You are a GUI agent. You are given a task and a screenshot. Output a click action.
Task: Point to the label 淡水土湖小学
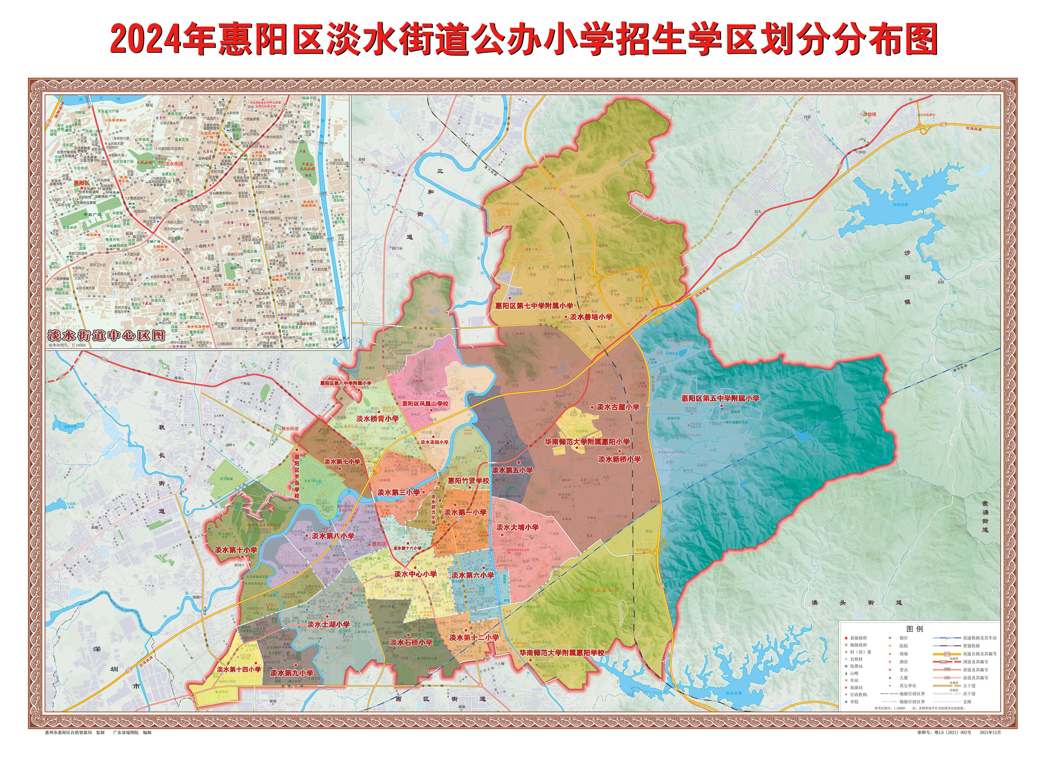point(328,624)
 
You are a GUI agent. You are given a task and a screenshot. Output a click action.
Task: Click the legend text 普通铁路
point(972,646)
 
